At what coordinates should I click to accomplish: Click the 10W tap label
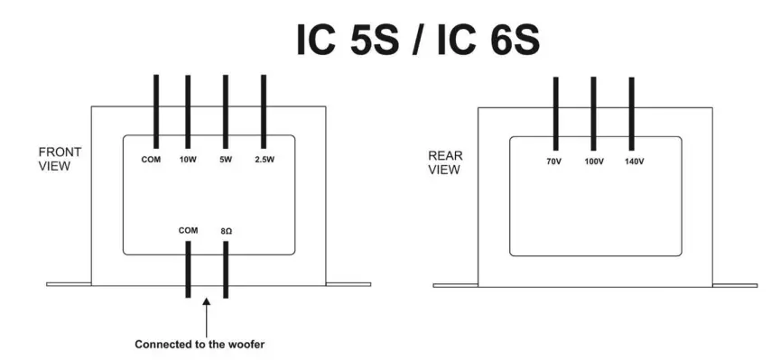point(188,161)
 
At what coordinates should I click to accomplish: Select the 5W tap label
point(225,161)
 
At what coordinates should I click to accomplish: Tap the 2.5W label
point(263,161)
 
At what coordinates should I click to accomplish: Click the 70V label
point(555,162)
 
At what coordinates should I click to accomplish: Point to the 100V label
point(593,162)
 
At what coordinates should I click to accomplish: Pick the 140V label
point(632,162)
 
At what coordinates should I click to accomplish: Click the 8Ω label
point(227,231)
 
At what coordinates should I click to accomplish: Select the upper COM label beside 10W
point(151,161)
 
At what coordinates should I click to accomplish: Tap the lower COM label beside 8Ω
point(188,231)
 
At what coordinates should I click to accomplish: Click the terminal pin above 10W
point(188,112)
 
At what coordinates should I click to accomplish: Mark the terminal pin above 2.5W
point(263,112)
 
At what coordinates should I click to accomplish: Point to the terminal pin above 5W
point(225,112)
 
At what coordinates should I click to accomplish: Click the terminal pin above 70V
point(555,114)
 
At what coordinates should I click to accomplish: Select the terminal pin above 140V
point(631,114)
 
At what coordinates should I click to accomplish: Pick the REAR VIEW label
point(445,162)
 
